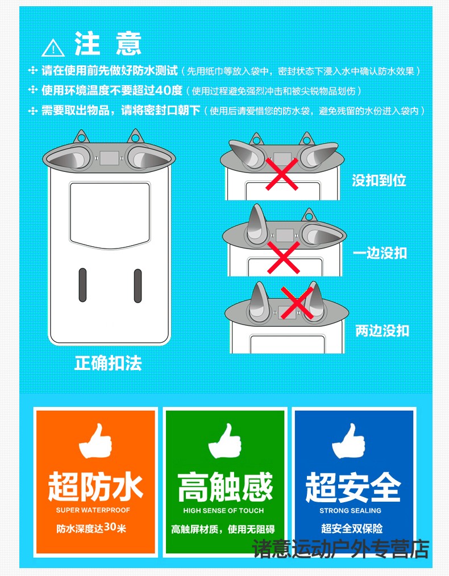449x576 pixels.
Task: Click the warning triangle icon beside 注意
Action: click(53, 48)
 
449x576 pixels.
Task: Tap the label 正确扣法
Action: click(108, 363)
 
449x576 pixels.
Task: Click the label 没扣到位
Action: click(379, 180)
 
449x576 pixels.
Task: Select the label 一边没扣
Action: click(380, 253)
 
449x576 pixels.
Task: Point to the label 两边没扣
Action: click(382, 330)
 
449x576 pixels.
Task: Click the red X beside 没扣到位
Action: click(282, 174)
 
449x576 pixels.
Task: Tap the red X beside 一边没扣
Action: click(284, 258)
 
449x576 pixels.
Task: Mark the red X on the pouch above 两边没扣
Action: click(297, 302)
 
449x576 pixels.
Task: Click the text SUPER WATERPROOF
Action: click(93, 510)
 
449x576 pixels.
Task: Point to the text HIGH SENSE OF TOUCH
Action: click(223, 510)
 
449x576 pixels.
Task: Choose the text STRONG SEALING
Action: click(350, 510)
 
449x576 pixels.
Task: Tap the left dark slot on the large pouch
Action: click(82, 285)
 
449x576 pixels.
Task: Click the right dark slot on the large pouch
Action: click(138, 286)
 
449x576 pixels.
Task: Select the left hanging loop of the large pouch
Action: click(81, 137)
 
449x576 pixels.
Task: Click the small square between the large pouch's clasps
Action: click(109, 158)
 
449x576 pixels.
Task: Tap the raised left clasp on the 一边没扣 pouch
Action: click(256, 224)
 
